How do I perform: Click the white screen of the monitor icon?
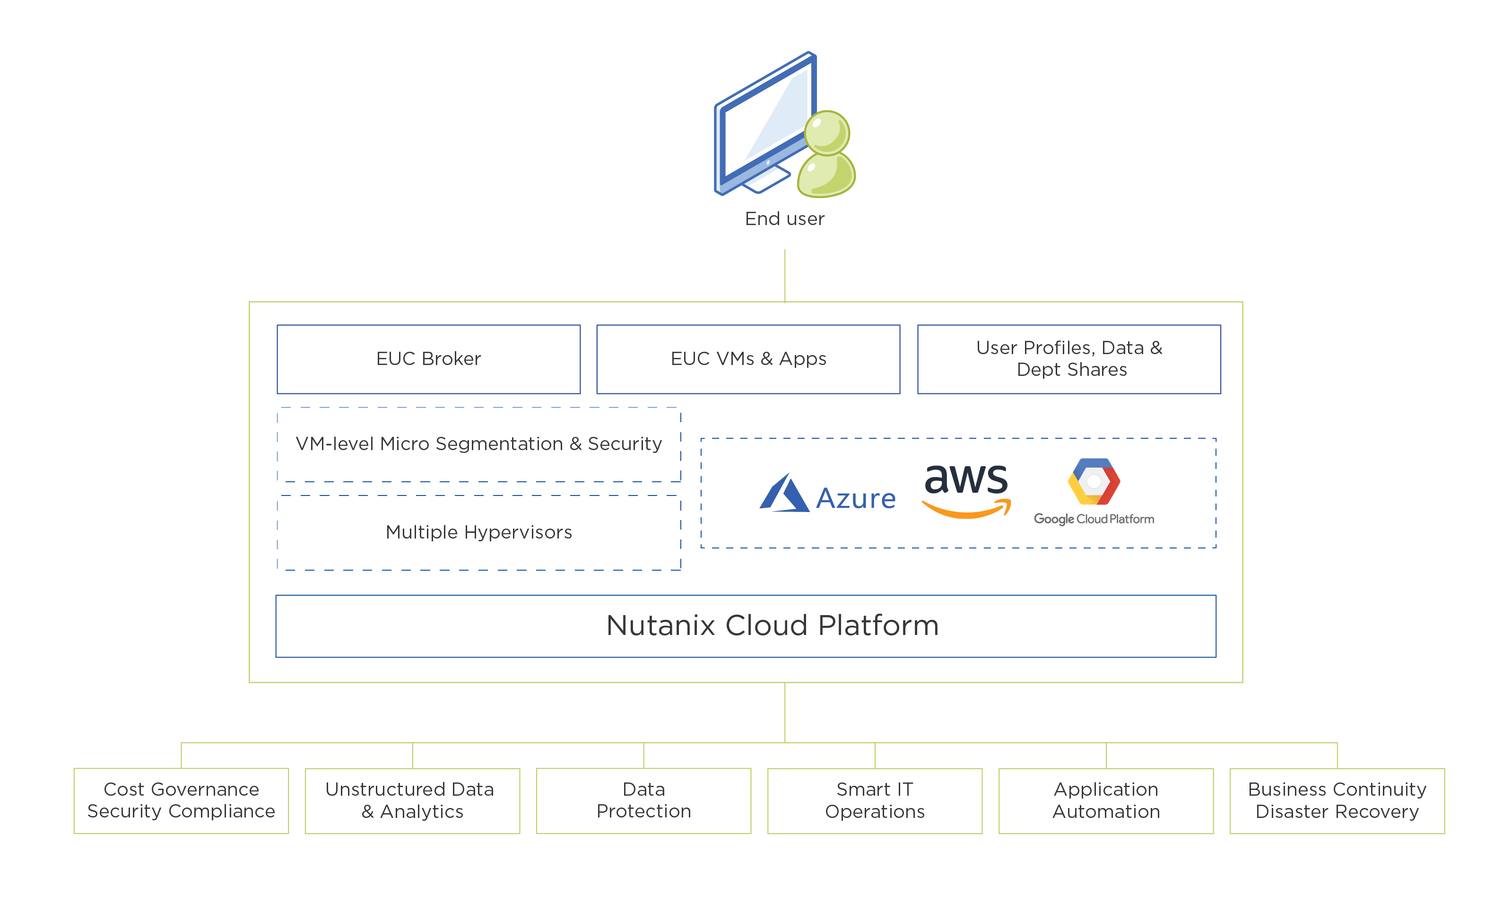point(766,120)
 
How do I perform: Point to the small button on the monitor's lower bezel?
point(768,163)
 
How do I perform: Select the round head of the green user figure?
point(826,132)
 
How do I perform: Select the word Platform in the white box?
point(878,626)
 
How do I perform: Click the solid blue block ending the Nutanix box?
point(1228,626)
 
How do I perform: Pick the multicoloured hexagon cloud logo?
point(1094,482)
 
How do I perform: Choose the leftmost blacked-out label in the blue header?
point(478,358)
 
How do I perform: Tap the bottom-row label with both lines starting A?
point(1133,800)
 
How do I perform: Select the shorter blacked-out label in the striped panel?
point(533,531)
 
